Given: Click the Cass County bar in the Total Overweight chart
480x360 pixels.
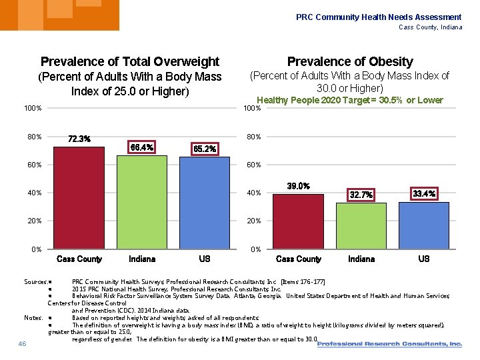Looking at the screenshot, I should (79, 198).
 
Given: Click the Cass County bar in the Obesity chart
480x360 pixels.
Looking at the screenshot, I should (299, 221).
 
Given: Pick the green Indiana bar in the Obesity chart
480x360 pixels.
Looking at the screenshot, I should (361, 226).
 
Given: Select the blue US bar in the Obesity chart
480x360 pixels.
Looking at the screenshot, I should (424, 225).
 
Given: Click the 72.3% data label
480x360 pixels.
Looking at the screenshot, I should (79, 139).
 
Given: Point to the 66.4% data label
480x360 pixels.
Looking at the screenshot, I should (142, 147).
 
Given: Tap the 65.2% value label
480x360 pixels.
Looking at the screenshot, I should (205, 149).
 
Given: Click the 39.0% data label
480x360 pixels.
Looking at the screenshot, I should (298, 186).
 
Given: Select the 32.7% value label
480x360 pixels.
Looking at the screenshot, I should (361, 195).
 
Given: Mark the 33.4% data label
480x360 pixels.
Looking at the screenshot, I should (424, 193).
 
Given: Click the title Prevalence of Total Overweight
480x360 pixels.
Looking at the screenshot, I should (130, 62).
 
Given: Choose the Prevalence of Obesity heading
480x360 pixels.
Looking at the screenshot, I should (350, 62).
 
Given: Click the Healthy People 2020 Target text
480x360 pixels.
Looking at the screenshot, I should (349, 100).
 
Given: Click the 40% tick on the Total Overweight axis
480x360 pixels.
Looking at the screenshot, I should (34, 193).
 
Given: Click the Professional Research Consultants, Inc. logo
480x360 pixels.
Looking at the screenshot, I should (389, 344).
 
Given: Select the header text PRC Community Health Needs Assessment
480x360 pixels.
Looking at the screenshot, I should (379, 17).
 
